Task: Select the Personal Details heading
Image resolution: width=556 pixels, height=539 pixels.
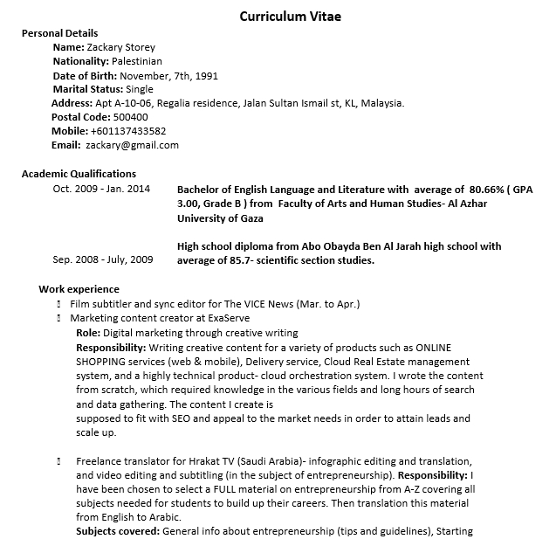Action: pyautogui.click(x=59, y=33)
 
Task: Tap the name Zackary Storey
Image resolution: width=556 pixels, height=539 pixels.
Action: pyautogui.click(x=120, y=47)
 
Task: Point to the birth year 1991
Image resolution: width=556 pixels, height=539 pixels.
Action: pyautogui.click(x=207, y=75)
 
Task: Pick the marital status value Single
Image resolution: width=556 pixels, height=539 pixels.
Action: pyautogui.click(x=139, y=89)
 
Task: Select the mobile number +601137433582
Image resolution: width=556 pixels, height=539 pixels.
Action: pyautogui.click(x=127, y=131)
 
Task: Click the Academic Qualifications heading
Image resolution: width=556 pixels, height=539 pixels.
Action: pyautogui.click(x=79, y=174)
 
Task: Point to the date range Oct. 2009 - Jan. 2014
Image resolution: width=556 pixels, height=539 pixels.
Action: pyautogui.click(x=101, y=189)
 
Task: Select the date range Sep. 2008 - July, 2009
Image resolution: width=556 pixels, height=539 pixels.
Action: pyautogui.click(x=102, y=259)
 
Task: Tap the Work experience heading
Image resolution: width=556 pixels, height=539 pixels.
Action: pyautogui.click(x=79, y=289)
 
